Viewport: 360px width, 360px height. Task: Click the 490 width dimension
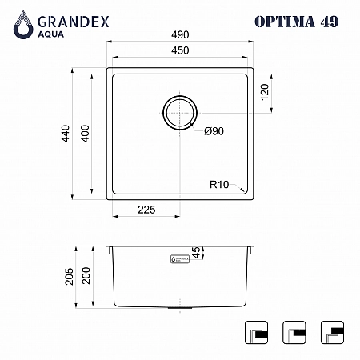coord(180,34)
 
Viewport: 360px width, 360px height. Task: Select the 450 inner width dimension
coord(180,50)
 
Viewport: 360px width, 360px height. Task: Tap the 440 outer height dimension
coord(66,134)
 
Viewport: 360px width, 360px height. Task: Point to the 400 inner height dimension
coord(85,134)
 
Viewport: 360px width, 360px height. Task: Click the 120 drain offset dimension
coord(265,92)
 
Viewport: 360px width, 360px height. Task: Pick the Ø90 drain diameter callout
coord(214,131)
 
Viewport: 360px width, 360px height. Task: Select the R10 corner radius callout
coord(219,184)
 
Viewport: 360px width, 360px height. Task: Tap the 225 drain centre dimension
coord(146,210)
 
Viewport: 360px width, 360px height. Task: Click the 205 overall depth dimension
coord(69,277)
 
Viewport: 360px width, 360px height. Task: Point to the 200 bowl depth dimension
coord(86,275)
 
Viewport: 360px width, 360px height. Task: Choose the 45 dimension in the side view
coord(196,253)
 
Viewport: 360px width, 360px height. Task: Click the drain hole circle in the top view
coord(180,113)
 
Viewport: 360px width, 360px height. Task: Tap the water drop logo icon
coord(23,25)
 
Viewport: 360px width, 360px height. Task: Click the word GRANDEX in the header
coord(74,22)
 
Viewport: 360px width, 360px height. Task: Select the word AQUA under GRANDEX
coord(51,34)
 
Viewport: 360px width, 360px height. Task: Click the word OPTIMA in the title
coord(285,22)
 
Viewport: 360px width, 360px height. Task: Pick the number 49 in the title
coord(330,22)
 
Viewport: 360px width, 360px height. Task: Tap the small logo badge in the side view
coord(180,259)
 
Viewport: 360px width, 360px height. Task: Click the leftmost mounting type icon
coord(256,332)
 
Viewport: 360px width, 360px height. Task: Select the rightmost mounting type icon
coord(332,332)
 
